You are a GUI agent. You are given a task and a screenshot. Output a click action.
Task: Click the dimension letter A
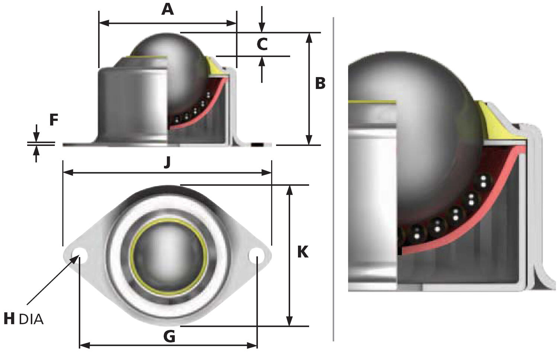tap(168, 9)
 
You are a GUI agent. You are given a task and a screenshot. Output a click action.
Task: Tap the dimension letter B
tap(320, 83)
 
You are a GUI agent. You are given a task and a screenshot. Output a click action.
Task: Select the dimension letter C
tap(262, 44)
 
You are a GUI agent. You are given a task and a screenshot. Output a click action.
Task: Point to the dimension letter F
tap(54, 120)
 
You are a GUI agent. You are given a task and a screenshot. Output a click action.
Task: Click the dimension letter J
tap(167, 162)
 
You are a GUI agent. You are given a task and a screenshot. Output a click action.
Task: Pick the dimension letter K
tap(302, 252)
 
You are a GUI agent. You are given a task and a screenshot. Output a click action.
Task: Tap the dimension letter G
tap(169, 337)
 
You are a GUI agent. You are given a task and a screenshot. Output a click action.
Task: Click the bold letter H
tap(9, 319)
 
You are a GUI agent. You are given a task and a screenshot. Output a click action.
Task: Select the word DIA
tap(31, 319)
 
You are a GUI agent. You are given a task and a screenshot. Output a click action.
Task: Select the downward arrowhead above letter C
tap(262, 28)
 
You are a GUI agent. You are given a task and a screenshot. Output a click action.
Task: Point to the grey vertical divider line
tap(333, 179)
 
